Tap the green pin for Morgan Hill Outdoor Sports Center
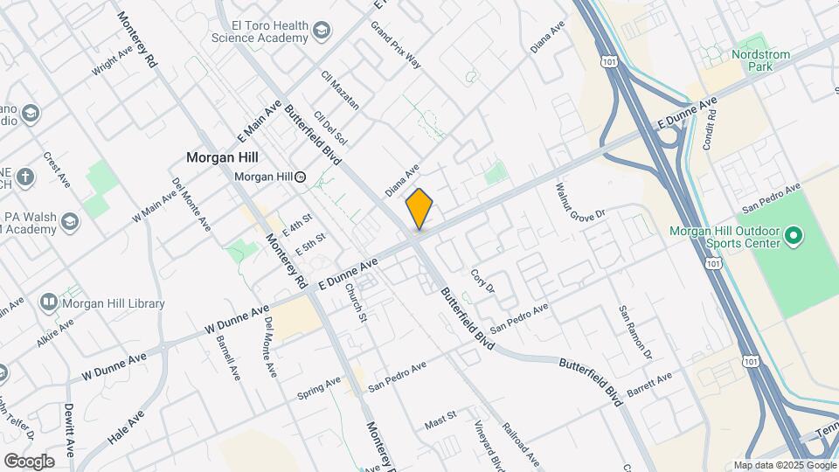click(x=794, y=235)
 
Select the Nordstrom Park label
click(x=759, y=62)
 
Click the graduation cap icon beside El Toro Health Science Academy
click(x=322, y=32)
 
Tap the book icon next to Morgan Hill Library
click(x=48, y=302)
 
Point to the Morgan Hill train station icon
click(x=301, y=177)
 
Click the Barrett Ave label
click(x=649, y=383)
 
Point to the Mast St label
click(x=440, y=421)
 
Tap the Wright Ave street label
click(x=111, y=63)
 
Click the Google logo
click(x=29, y=461)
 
